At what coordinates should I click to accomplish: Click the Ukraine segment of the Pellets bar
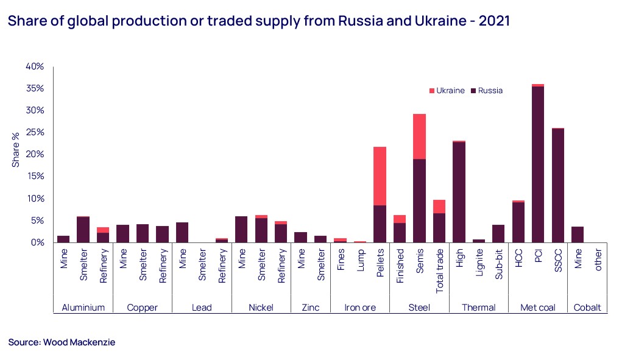coord(380,176)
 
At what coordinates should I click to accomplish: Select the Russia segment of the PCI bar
coord(537,164)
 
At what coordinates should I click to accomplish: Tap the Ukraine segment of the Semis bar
coord(419,136)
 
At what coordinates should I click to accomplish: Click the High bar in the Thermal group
coord(459,192)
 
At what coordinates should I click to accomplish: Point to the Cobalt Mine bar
coord(578,235)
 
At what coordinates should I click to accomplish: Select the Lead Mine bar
coord(182,233)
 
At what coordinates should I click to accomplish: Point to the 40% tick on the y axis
coord(34,66)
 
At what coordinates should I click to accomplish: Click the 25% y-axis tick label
coord(34,132)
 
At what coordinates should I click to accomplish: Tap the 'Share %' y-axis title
coord(16,154)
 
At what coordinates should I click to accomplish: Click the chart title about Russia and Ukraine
coord(258,21)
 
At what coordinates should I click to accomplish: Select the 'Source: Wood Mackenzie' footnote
coord(62,342)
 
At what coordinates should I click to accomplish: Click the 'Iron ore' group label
coord(360,308)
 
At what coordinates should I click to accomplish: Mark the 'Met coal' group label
coord(537,308)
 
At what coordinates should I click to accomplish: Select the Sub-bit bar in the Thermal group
coord(498,234)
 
